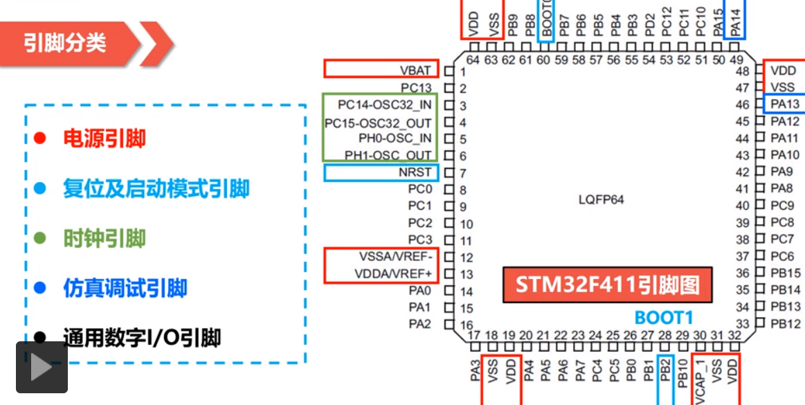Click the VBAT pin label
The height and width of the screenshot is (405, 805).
point(415,71)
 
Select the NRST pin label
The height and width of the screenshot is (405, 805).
point(415,172)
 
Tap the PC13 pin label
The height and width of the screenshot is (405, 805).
point(416,88)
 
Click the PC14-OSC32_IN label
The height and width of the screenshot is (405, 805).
point(384,105)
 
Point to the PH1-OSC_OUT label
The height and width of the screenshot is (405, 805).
point(388,155)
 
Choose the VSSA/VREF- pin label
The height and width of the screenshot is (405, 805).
point(396,257)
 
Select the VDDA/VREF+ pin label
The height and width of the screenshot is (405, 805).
point(393,273)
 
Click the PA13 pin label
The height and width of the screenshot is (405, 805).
point(785,105)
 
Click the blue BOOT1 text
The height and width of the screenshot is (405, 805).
point(663,318)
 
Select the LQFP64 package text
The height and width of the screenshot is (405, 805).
point(601,200)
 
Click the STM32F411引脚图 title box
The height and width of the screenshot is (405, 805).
point(607,285)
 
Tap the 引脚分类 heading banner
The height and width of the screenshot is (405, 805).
point(66,43)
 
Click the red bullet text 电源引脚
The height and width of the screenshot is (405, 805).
point(105,138)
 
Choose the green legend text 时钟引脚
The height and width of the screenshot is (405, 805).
point(105,239)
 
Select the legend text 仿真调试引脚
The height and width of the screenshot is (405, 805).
point(125,289)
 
